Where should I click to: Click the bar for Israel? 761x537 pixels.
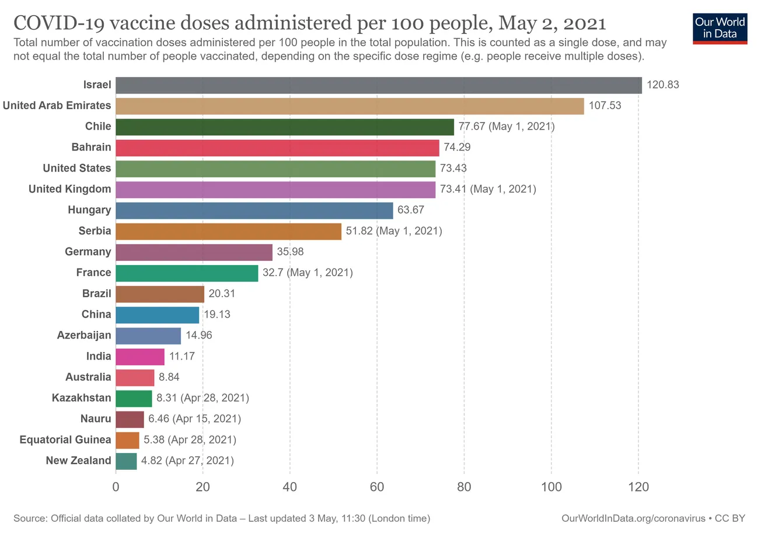point(378,85)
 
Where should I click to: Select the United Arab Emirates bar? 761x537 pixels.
point(350,106)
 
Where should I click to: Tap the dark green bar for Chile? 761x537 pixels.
point(285,127)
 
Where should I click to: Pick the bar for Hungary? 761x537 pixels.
point(254,210)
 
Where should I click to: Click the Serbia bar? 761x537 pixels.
point(228,231)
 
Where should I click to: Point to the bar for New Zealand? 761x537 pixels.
point(126,461)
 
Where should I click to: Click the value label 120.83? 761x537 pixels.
point(663,85)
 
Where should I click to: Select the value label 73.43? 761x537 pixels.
point(453,169)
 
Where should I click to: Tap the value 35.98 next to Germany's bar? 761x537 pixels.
point(290,252)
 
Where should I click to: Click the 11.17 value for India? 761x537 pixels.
point(182,357)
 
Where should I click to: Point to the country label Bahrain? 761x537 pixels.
point(91,148)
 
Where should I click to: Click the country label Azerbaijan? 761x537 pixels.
point(84,336)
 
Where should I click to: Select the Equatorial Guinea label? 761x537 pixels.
point(65,440)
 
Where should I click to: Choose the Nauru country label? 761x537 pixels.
point(96,419)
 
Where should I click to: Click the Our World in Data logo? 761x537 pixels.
point(720,27)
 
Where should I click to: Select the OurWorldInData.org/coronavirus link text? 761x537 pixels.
point(633,518)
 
